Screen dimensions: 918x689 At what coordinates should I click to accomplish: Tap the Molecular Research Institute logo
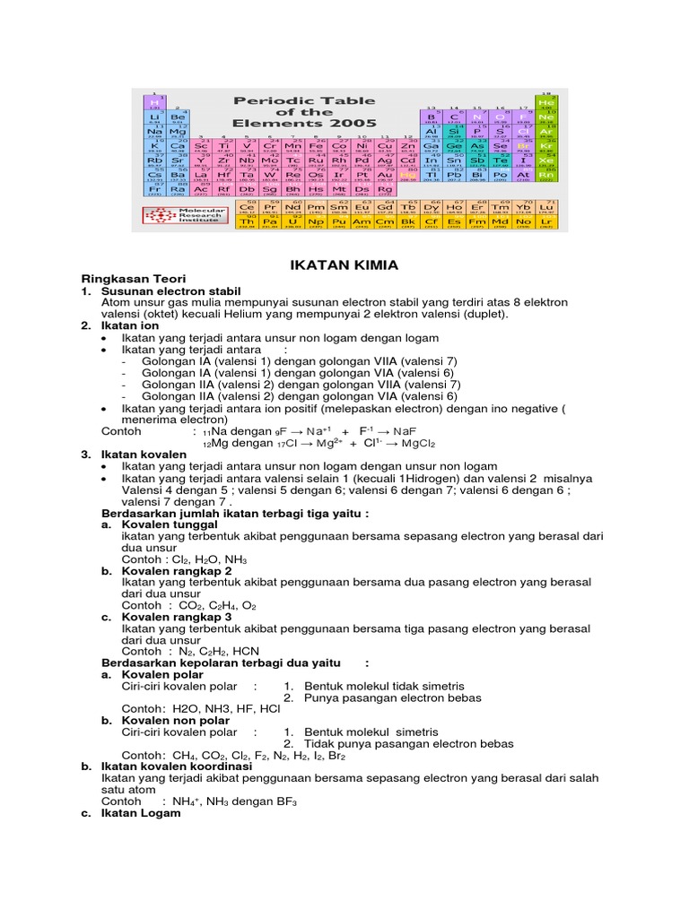[179, 217]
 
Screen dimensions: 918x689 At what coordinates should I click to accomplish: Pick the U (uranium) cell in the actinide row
[292, 221]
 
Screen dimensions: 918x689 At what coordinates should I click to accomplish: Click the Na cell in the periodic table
[155, 132]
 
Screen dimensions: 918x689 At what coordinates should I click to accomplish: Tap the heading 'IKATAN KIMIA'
[344, 265]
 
